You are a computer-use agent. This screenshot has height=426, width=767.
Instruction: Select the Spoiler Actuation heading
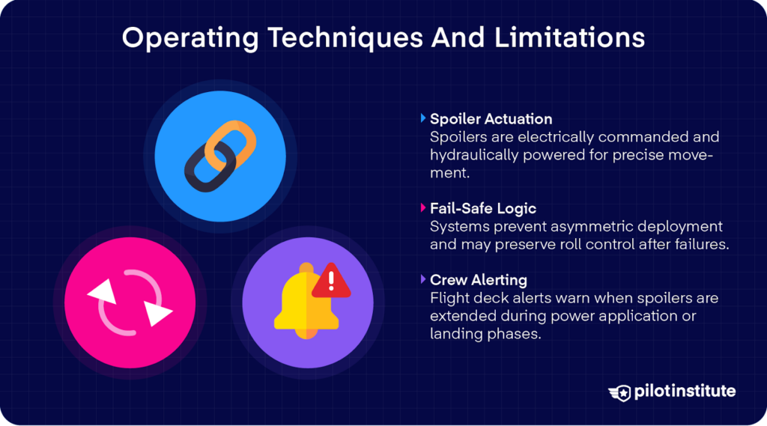491,119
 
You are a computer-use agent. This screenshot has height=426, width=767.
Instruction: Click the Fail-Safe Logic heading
482,208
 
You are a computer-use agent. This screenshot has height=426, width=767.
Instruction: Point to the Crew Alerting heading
478,280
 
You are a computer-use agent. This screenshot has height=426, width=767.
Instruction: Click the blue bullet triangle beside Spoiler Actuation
423,118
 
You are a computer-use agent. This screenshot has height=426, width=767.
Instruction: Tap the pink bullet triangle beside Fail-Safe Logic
423,208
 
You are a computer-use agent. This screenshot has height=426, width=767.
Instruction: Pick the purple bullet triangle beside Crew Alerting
423,279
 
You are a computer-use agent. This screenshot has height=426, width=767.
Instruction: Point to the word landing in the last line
455,334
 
